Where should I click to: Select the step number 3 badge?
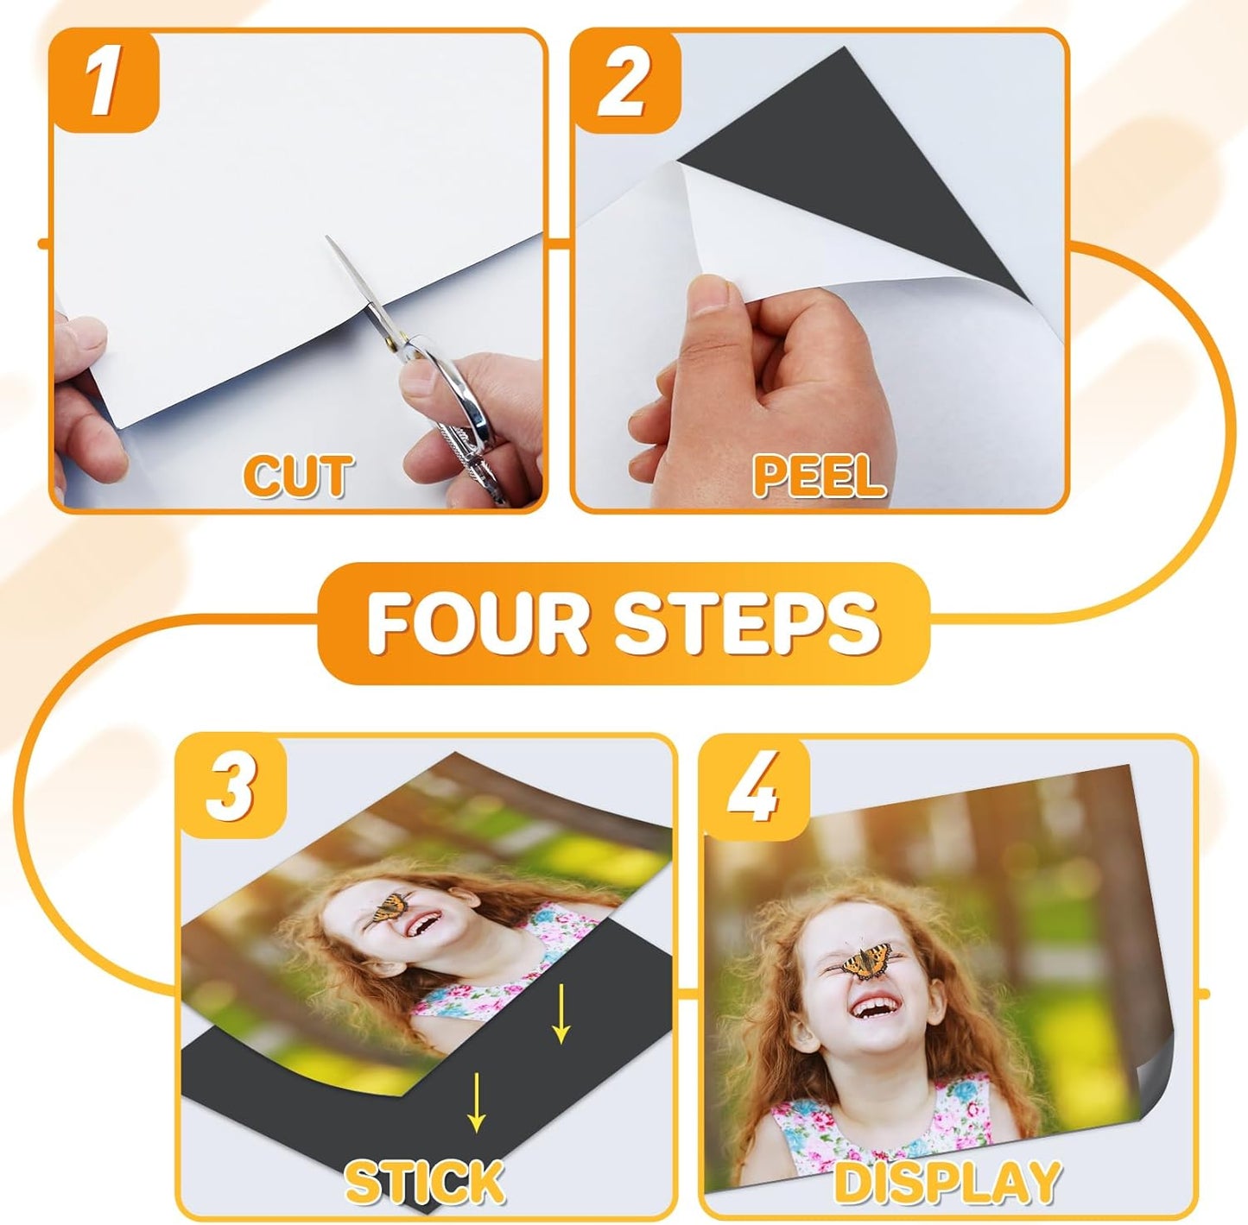tap(231, 787)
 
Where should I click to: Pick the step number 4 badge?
tap(753, 787)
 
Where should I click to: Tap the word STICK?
tap(424, 1181)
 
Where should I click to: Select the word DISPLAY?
tap(947, 1181)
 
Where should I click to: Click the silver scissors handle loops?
tap(453, 397)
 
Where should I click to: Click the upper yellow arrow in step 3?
tap(561, 1014)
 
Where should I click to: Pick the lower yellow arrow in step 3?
tap(475, 1101)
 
